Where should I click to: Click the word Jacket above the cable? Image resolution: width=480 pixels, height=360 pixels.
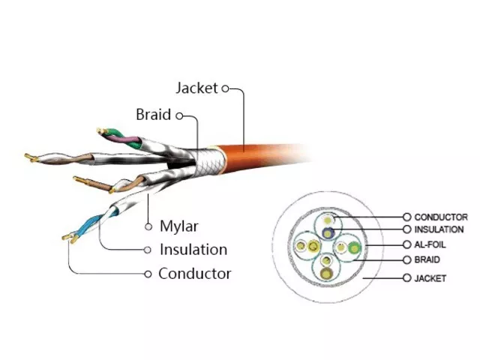point(196,88)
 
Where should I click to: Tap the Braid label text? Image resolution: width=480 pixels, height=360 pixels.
point(153,115)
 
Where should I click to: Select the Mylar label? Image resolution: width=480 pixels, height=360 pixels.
point(179,226)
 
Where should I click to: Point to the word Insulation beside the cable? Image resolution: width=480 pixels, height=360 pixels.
point(193,250)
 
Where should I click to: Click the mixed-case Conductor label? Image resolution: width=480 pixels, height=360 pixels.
point(195,273)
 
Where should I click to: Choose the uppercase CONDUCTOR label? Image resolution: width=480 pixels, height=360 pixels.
point(441,217)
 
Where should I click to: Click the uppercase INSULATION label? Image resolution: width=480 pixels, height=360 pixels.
point(439,229)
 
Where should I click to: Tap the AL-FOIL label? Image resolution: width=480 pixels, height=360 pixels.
point(430,244)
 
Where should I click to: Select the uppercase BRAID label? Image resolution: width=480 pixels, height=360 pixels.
point(427,259)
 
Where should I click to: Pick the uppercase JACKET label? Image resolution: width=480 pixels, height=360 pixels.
point(430,278)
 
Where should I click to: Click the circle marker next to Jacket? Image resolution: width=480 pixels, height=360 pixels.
point(225,88)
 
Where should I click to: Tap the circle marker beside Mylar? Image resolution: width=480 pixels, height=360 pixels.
point(148,226)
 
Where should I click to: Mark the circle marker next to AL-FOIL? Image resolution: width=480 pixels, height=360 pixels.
point(406,244)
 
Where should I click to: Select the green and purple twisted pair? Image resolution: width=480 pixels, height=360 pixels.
point(121,138)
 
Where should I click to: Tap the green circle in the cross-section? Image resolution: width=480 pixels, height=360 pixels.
point(354,248)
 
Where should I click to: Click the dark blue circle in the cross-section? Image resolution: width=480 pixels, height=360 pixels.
point(328,233)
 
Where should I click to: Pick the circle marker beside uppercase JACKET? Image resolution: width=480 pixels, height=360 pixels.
point(406,278)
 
